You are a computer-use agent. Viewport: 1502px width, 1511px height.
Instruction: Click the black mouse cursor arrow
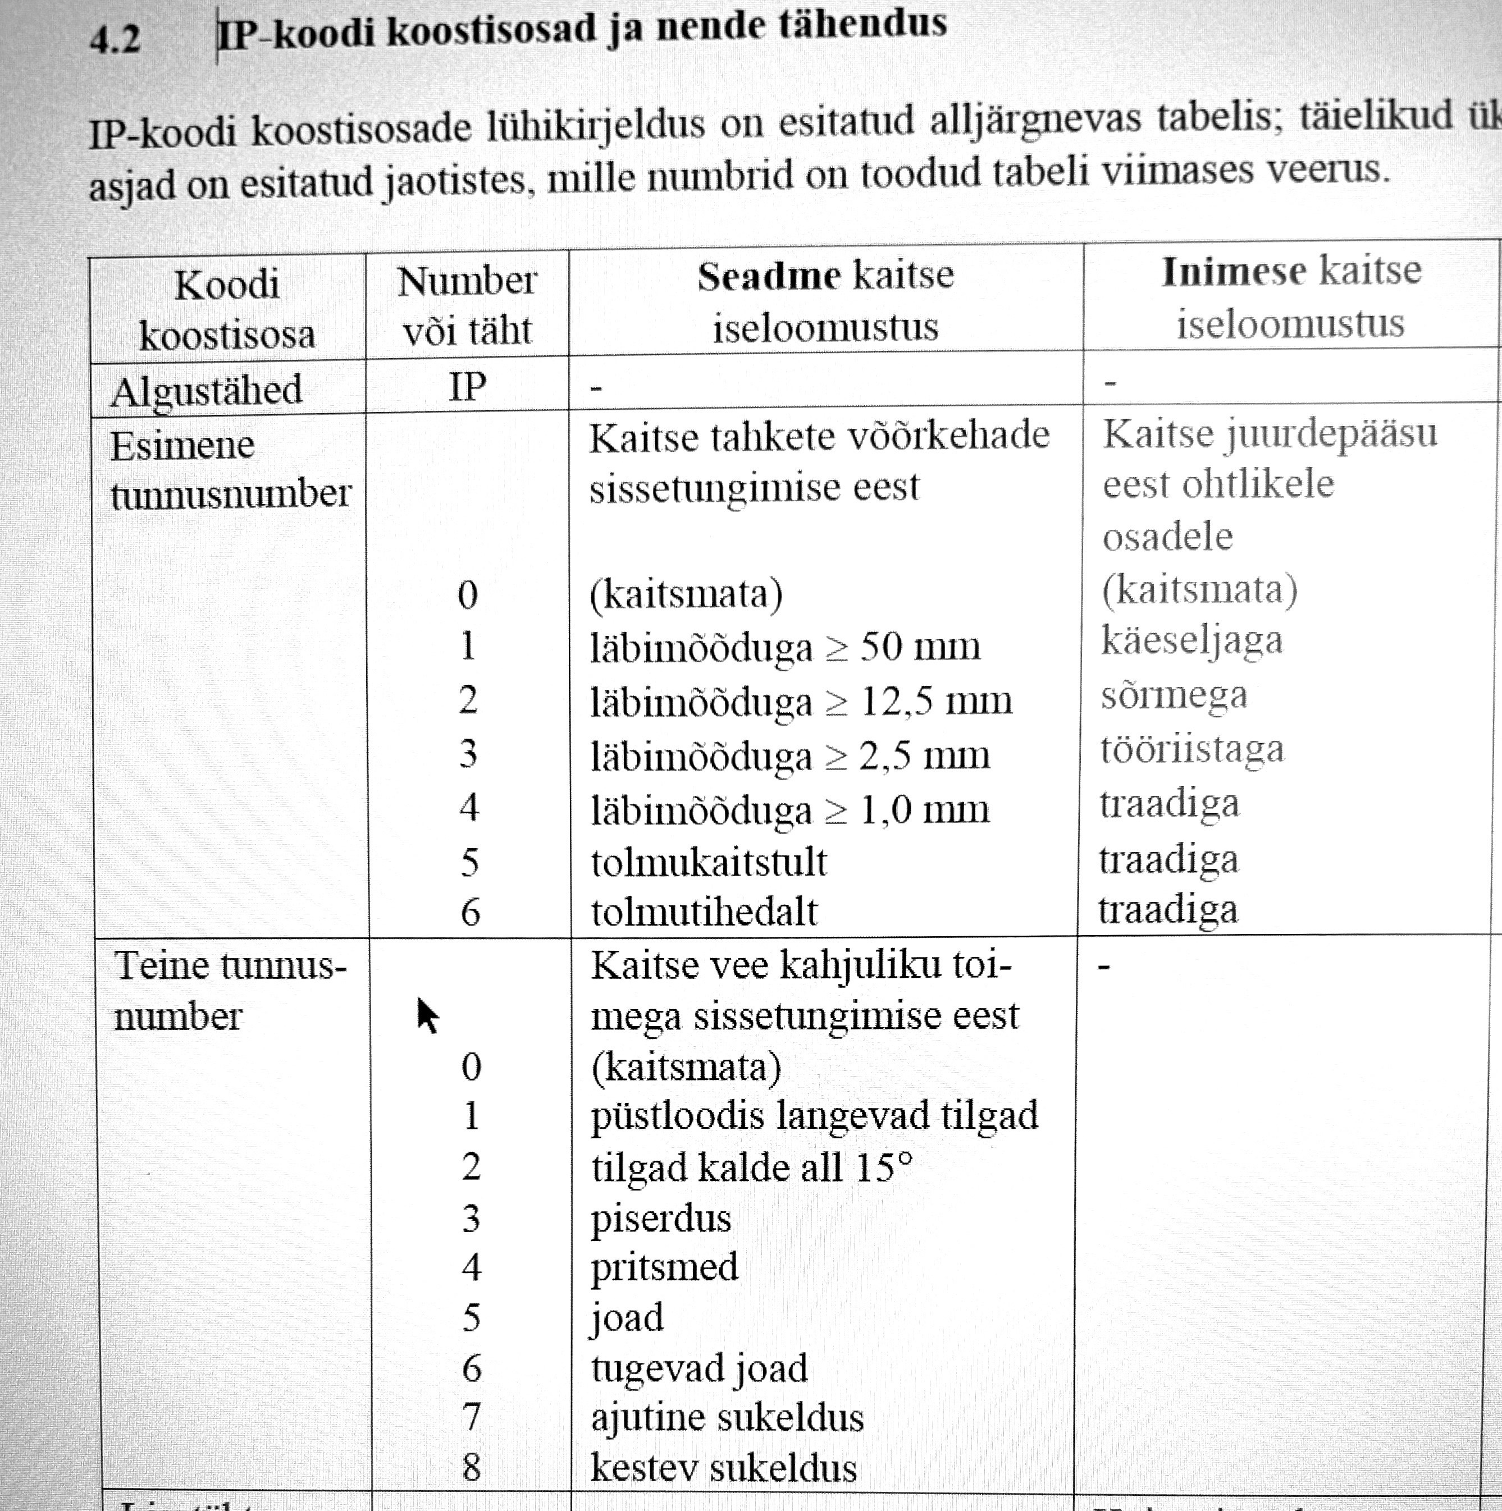[426, 1015]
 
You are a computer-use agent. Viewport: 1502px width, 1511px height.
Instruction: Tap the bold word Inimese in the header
[1233, 272]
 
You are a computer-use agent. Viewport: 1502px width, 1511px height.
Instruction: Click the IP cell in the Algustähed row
[467, 386]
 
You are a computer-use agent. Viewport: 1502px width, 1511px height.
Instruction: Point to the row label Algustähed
[207, 390]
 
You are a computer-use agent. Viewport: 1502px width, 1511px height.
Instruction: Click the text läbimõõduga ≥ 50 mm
[784, 647]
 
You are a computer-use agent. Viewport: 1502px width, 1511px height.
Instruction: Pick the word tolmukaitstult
[708, 862]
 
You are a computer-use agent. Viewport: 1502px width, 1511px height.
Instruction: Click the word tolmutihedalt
[704, 912]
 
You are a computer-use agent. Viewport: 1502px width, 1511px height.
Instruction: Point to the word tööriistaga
[1191, 749]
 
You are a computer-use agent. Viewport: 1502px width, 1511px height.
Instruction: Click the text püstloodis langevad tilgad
[814, 1115]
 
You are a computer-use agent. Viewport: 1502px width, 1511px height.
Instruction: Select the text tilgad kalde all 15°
[752, 1167]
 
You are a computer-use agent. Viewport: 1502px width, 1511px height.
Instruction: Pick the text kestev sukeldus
[724, 1467]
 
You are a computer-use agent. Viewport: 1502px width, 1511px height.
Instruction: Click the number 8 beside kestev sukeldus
[471, 1467]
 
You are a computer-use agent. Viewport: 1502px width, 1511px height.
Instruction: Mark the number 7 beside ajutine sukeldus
[471, 1417]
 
